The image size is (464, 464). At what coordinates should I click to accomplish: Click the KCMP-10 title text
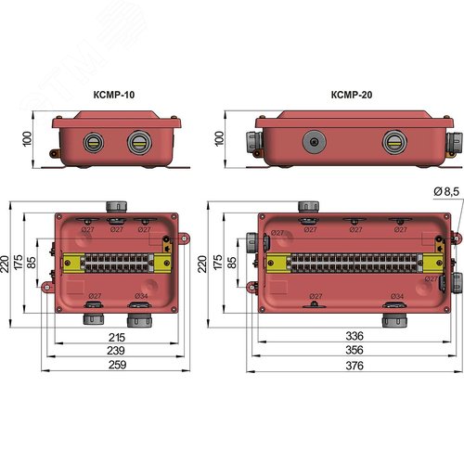[x=115, y=95]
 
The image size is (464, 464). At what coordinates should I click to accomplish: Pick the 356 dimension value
[x=353, y=352]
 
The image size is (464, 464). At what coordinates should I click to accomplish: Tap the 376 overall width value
[x=353, y=367]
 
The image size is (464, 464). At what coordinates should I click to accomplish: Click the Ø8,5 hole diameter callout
[x=444, y=191]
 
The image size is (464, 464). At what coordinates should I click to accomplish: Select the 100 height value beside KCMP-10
[x=27, y=138]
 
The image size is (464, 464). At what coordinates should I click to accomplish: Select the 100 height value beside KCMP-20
[x=218, y=138]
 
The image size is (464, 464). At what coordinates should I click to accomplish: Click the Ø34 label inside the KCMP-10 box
[x=140, y=296]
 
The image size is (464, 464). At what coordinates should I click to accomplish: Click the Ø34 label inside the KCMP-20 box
[x=396, y=297]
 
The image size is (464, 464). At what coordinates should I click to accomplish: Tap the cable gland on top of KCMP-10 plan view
[x=117, y=204]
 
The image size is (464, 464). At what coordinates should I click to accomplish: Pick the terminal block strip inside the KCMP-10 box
[x=116, y=262]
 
